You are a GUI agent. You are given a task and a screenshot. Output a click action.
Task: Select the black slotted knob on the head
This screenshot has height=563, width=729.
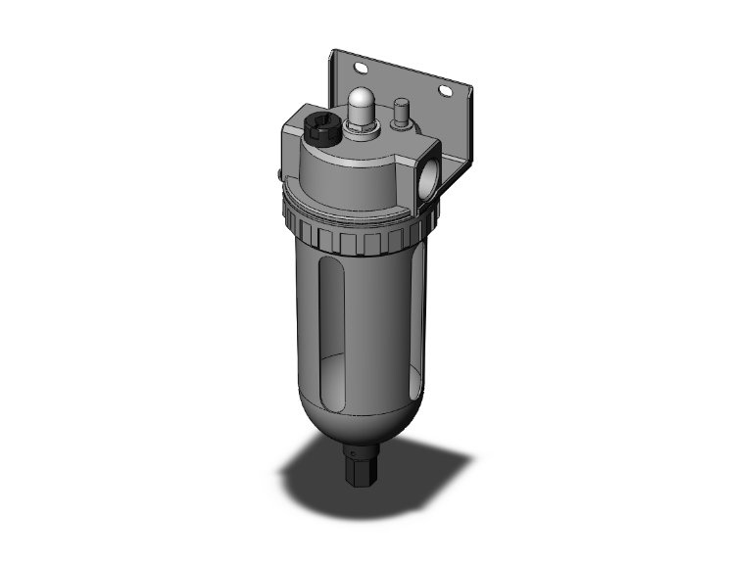pos(316,129)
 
